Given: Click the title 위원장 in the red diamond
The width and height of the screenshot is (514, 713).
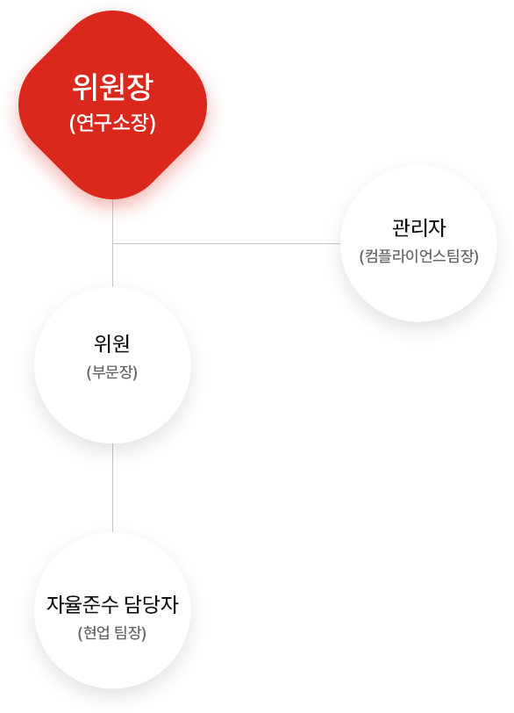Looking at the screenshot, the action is [x=112, y=87].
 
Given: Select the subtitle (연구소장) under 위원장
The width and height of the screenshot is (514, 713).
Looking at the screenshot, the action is [x=112, y=123].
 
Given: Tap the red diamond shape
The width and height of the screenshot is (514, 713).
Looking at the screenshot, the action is [x=112, y=104].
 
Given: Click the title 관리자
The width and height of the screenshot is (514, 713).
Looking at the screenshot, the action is [x=418, y=227].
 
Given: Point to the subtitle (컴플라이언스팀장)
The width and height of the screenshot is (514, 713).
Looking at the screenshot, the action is [x=418, y=256].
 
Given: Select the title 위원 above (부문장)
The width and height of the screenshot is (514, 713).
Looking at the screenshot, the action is [x=112, y=344].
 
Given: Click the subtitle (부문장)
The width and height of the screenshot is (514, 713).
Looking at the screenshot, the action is [x=112, y=372].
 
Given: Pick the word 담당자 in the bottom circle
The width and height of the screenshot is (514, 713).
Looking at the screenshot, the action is [x=151, y=604].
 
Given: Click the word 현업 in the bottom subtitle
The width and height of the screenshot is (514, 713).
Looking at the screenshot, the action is [x=94, y=632].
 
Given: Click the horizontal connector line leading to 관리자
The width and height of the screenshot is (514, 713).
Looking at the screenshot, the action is [x=226, y=243].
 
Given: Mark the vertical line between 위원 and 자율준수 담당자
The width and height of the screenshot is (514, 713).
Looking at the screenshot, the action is [x=112, y=487].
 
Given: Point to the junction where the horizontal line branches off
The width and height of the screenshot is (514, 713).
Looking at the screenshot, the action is [x=112, y=243].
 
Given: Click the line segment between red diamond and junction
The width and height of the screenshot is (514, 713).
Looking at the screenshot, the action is [x=112, y=221].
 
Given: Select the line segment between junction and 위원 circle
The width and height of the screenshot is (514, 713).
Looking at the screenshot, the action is [x=112, y=265].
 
